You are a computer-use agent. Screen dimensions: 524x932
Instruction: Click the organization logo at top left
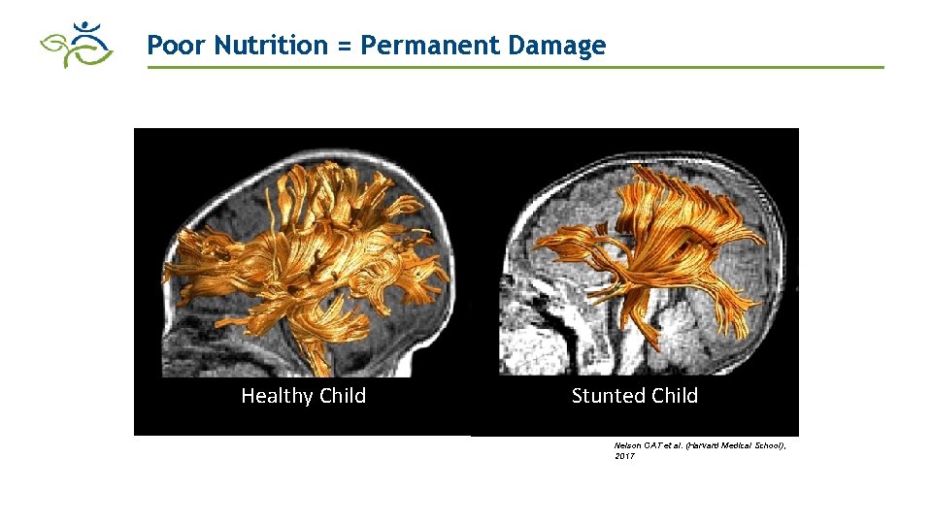click(x=77, y=44)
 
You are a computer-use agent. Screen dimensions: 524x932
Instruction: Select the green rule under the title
click(x=515, y=67)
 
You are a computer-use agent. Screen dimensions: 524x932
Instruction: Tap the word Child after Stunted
click(x=675, y=396)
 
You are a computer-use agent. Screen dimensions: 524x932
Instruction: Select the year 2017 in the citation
click(x=624, y=456)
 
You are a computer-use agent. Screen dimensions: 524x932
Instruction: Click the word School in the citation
click(x=771, y=445)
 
